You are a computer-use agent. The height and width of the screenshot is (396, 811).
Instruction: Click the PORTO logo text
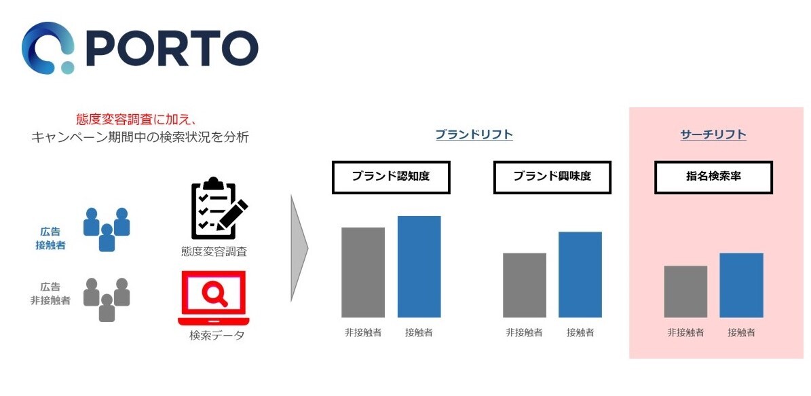173,48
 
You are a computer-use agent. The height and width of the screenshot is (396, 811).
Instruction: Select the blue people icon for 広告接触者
107,229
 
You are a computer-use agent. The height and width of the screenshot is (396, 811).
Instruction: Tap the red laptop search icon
214,298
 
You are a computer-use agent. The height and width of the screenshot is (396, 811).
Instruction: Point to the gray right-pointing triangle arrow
298,248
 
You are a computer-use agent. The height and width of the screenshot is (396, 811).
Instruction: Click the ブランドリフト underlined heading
474,134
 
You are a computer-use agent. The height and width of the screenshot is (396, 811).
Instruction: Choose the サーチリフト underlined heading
713,134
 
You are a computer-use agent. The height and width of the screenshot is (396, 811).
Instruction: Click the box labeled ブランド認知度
390,177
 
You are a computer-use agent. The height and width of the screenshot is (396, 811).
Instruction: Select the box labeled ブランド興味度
552,177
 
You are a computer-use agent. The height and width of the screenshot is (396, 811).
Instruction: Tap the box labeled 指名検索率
713,177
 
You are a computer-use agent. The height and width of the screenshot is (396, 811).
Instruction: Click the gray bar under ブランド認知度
363,272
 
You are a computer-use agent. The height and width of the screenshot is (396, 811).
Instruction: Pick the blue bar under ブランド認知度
419,266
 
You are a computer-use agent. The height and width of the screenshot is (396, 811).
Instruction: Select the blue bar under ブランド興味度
580,274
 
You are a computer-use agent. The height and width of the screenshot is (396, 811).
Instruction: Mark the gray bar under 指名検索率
685,291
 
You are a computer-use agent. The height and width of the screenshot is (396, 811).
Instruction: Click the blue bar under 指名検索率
741,285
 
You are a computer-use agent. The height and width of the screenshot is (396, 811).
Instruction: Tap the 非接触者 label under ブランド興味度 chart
524,333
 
